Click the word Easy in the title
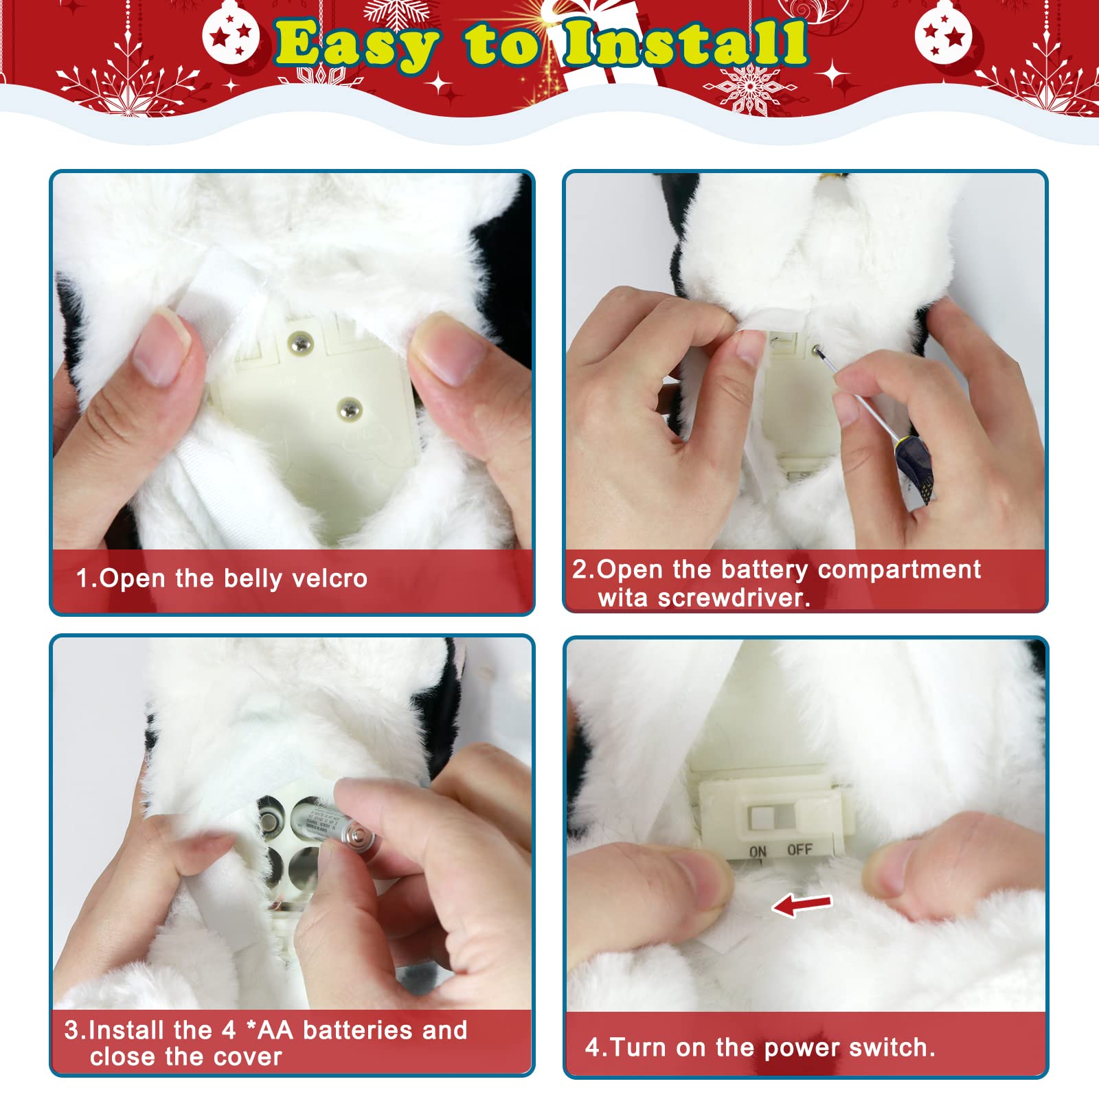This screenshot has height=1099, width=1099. (x=356, y=45)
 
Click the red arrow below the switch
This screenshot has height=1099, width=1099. (x=802, y=905)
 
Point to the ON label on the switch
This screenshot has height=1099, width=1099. (x=758, y=852)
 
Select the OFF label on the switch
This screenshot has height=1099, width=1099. (x=800, y=850)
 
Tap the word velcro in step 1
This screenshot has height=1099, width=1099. (x=330, y=578)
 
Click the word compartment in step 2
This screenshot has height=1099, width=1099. (x=899, y=570)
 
